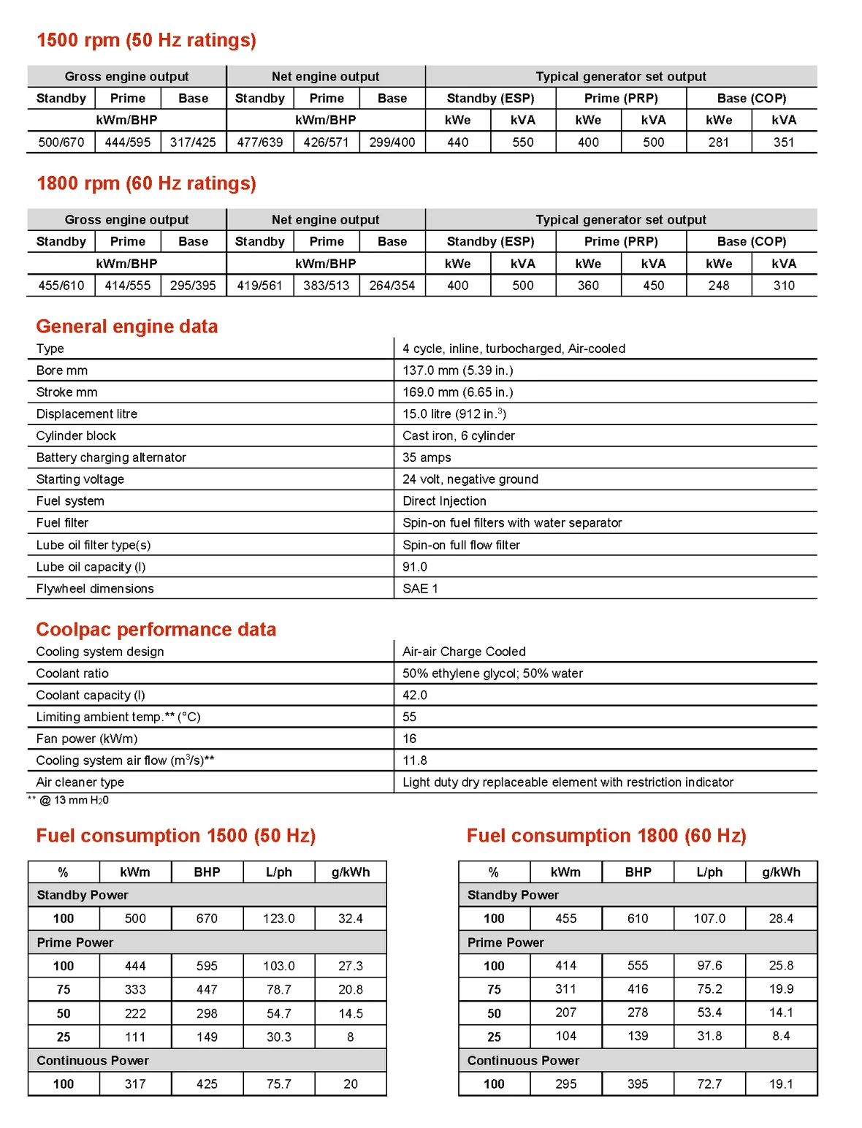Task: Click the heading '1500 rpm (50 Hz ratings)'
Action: pyautogui.click(x=146, y=40)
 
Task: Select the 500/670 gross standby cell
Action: pyautogui.click(x=61, y=142)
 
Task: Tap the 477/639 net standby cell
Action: pyautogui.click(x=260, y=142)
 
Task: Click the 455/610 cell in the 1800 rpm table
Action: pyautogui.click(x=61, y=286)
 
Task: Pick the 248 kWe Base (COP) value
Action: pyautogui.click(x=719, y=286)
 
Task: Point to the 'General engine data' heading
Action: pyautogui.click(x=127, y=327)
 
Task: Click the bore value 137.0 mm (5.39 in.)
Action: pyautogui.click(x=458, y=370)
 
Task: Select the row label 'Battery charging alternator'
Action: pyautogui.click(x=111, y=457)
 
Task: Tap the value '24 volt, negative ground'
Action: pyautogui.click(x=470, y=479)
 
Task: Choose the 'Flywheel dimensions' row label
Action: pyautogui.click(x=95, y=589)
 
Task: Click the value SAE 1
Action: pyautogui.click(x=420, y=589)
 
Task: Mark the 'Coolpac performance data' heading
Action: pyautogui.click(x=156, y=630)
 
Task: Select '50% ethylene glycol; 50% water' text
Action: pyautogui.click(x=492, y=674)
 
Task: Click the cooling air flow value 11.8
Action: pyautogui.click(x=415, y=761)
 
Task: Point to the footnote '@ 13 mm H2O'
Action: pyautogui.click(x=74, y=800)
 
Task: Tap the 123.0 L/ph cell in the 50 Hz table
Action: pyautogui.click(x=279, y=919)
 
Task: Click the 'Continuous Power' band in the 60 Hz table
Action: pyautogui.click(x=523, y=1061)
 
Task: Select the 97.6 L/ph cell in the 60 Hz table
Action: pyautogui.click(x=709, y=966)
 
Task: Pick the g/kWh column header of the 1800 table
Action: pyautogui.click(x=781, y=872)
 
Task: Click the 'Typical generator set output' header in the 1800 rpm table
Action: pyautogui.click(x=621, y=220)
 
